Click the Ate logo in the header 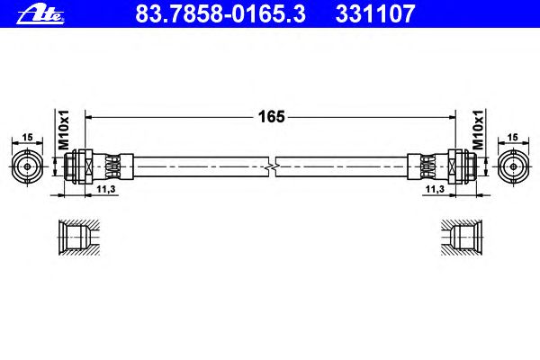[x=40, y=14]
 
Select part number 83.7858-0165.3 [x=220, y=14]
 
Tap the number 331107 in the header [x=375, y=14]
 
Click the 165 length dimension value [x=272, y=117]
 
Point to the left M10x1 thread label [x=64, y=130]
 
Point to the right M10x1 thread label [x=478, y=130]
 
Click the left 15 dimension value [x=27, y=138]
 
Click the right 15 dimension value [x=513, y=138]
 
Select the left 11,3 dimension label [x=105, y=189]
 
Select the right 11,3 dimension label [x=436, y=189]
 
